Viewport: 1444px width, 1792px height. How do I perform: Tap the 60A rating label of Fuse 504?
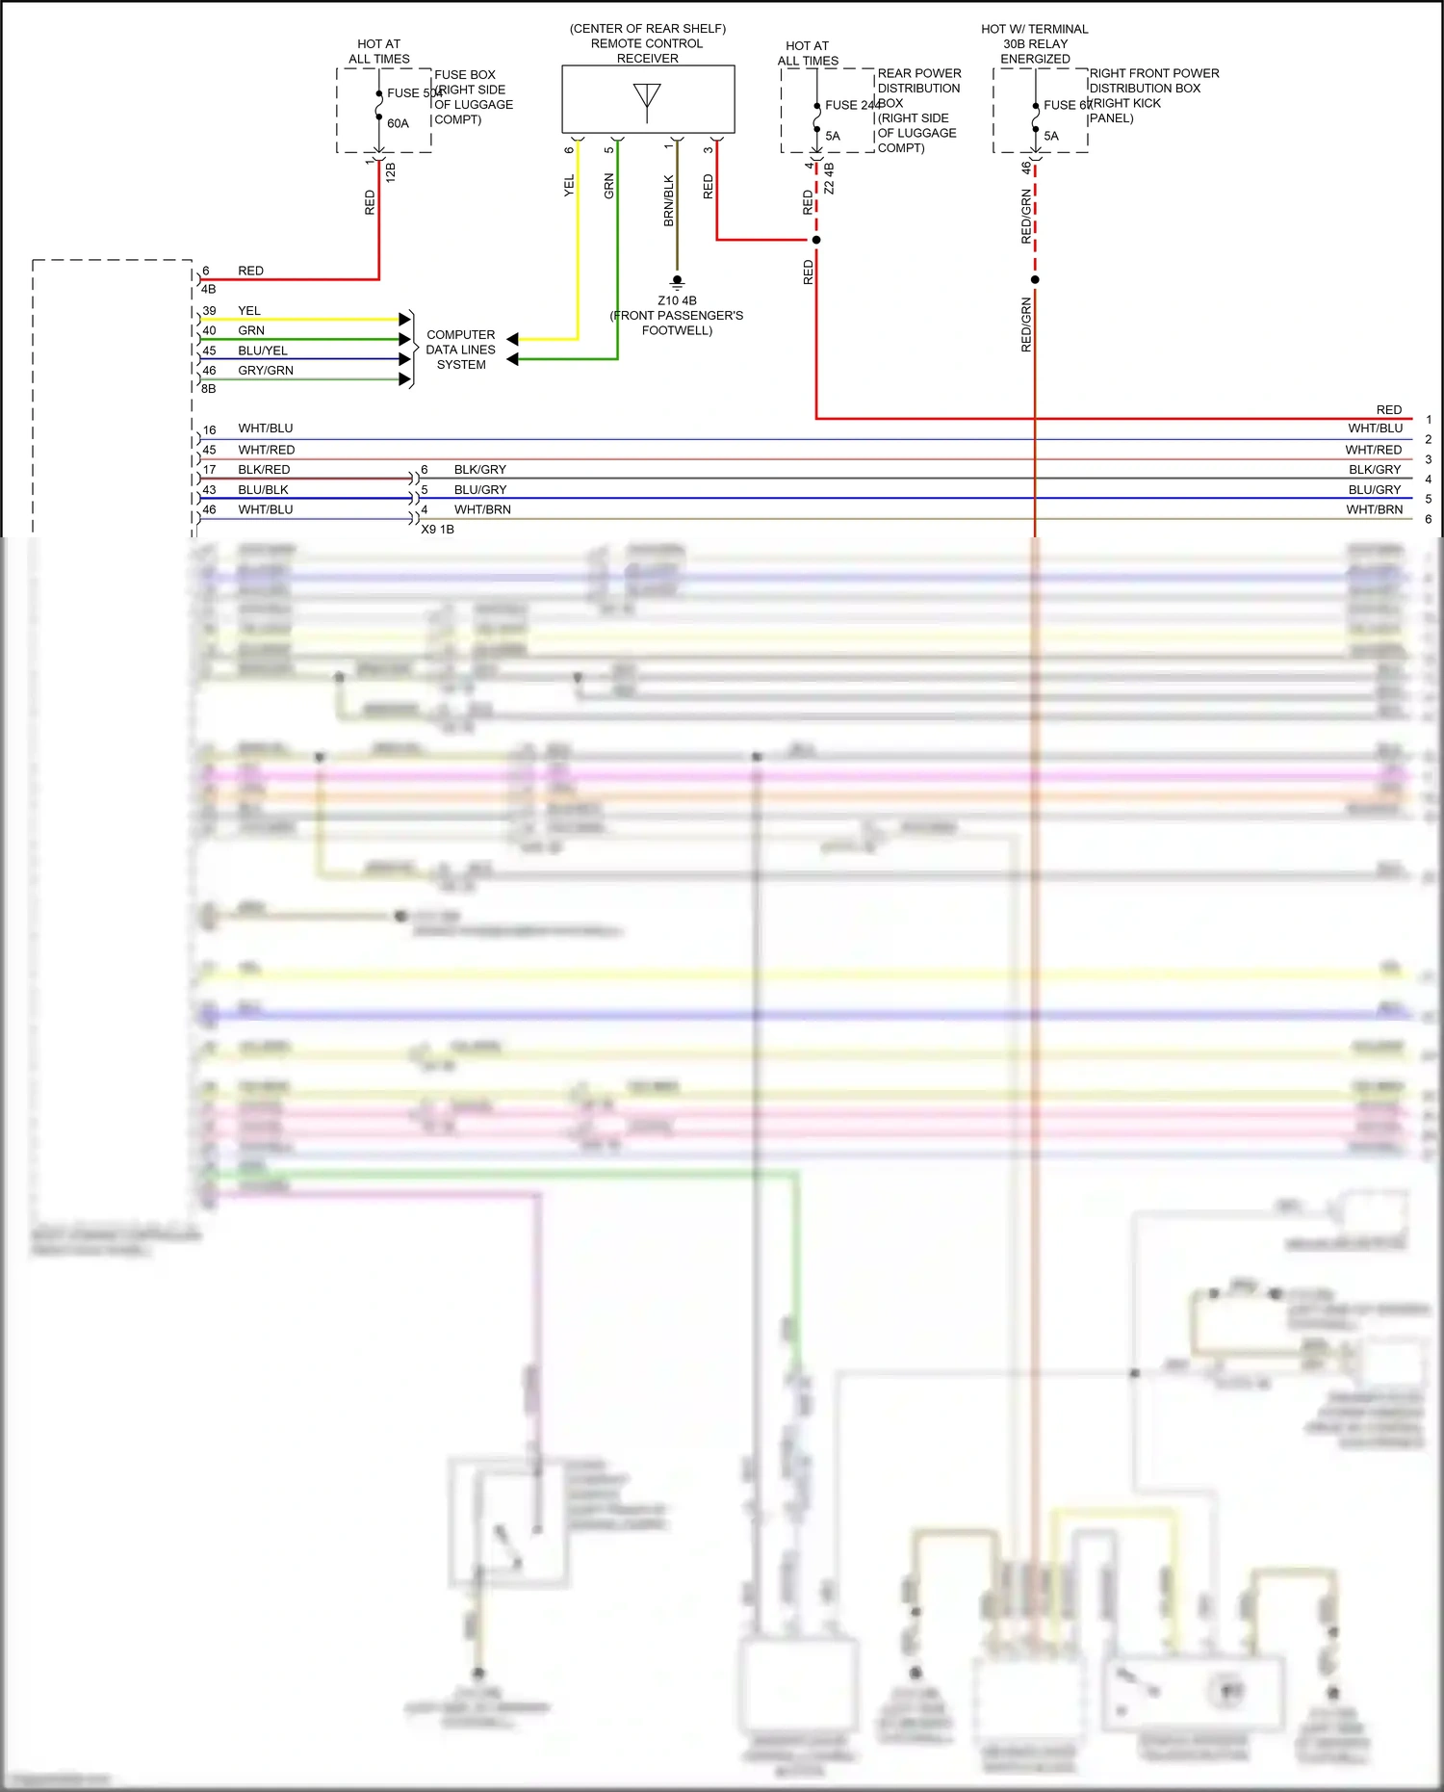coord(398,123)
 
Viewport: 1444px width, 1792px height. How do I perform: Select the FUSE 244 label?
coord(852,105)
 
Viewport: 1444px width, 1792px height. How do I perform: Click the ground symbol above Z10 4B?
coord(677,282)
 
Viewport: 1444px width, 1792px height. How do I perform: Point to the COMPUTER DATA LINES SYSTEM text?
coord(461,350)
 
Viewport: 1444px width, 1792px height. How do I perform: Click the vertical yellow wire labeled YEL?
coord(578,241)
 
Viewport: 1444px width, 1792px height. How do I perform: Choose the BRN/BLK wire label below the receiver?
coord(669,200)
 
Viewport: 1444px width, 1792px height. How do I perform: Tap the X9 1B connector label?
coord(437,530)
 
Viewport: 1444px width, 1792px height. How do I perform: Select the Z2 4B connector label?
coord(829,178)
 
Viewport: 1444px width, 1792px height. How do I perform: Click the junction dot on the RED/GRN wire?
coord(1035,280)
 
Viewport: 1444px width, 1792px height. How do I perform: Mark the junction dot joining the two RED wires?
coord(816,240)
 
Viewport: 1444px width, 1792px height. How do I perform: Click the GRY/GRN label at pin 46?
coord(266,371)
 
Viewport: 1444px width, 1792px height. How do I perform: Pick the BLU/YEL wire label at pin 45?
coord(263,351)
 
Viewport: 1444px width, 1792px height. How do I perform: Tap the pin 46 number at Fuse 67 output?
coord(1026,167)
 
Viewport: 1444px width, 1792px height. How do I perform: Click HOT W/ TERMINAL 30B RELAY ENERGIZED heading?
coord(1035,43)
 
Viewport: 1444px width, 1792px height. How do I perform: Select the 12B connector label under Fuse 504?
coord(390,172)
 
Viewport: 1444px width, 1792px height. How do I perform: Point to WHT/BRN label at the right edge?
coord(1374,509)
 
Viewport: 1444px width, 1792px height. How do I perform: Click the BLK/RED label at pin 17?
coord(264,470)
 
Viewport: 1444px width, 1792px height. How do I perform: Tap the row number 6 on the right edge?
coord(1428,519)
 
